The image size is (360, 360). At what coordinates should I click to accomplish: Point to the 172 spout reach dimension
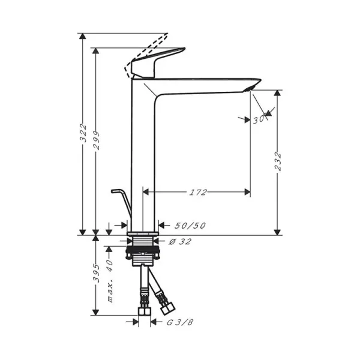pyautogui.click(x=197, y=193)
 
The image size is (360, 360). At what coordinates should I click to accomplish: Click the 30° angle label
pyautogui.click(x=259, y=119)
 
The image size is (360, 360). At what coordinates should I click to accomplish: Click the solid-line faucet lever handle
pyautogui.click(x=159, y=62)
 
